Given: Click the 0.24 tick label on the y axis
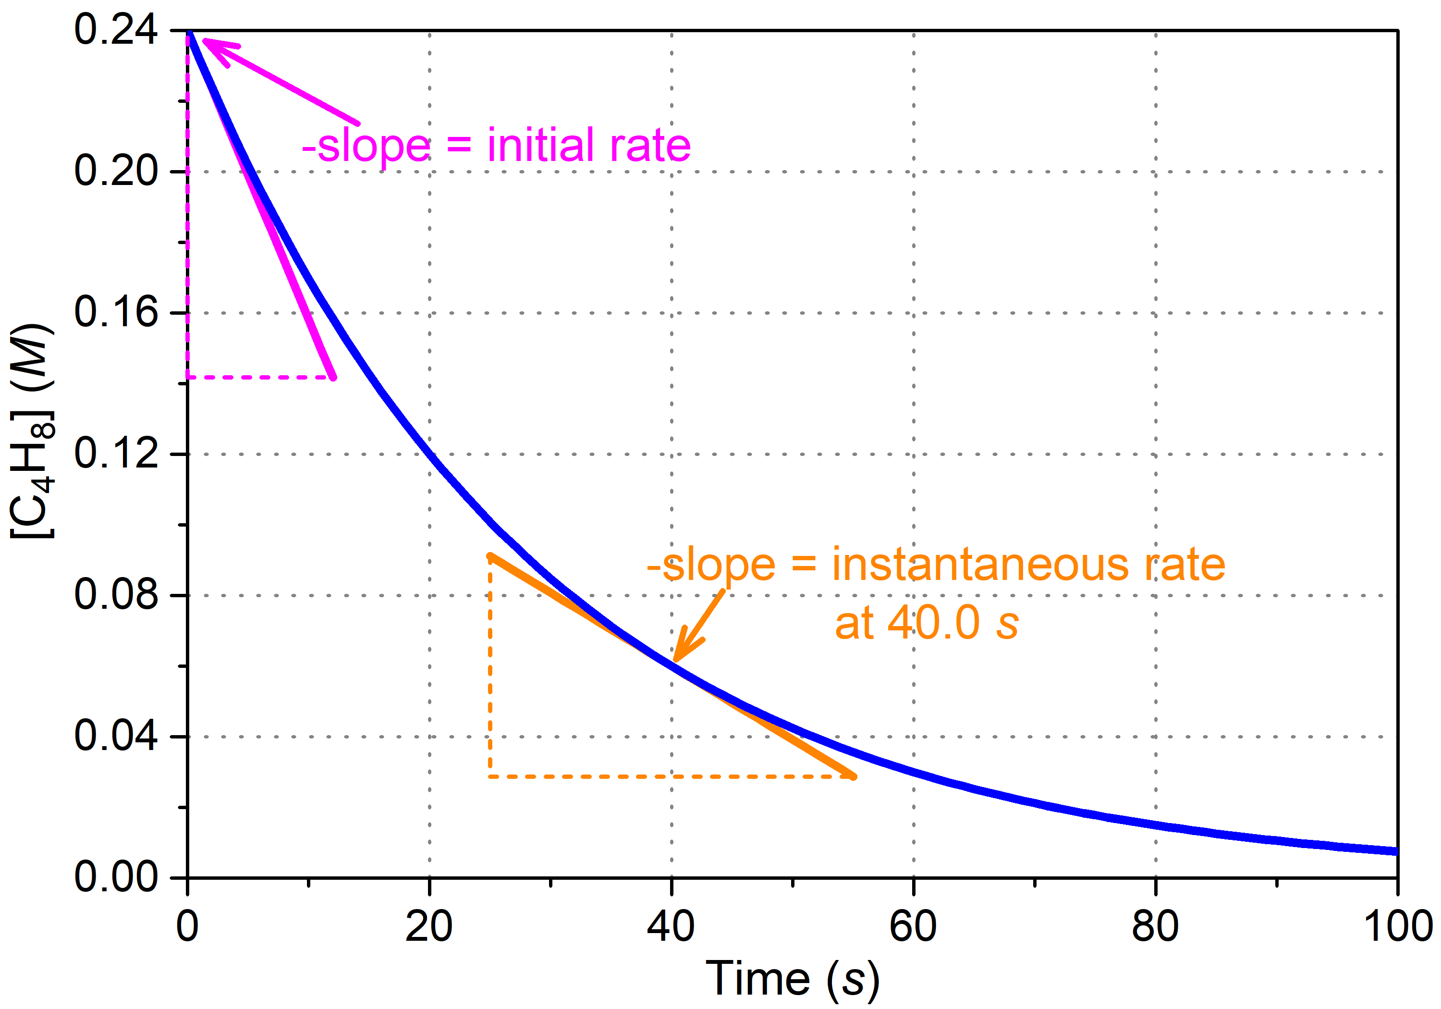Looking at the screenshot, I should tap(116, 29).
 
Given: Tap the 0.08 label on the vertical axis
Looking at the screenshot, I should tap(116, 595).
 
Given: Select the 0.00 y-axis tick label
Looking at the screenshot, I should tap(116, 877).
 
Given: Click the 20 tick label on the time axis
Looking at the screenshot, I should tap(429, 927).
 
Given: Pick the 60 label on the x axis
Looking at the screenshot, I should tap(913, 927).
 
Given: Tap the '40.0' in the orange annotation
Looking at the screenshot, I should tap(933, 624).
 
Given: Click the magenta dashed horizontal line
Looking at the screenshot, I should tap(260, 377).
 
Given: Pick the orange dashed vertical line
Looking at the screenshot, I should tap(489, 665).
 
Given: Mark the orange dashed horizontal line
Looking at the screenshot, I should tap(672, 776).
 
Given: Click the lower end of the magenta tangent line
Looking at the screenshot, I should tap(333, 377).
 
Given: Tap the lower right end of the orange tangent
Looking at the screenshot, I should tap(852, 776).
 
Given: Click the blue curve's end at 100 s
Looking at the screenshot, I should tap(1396, 851).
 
